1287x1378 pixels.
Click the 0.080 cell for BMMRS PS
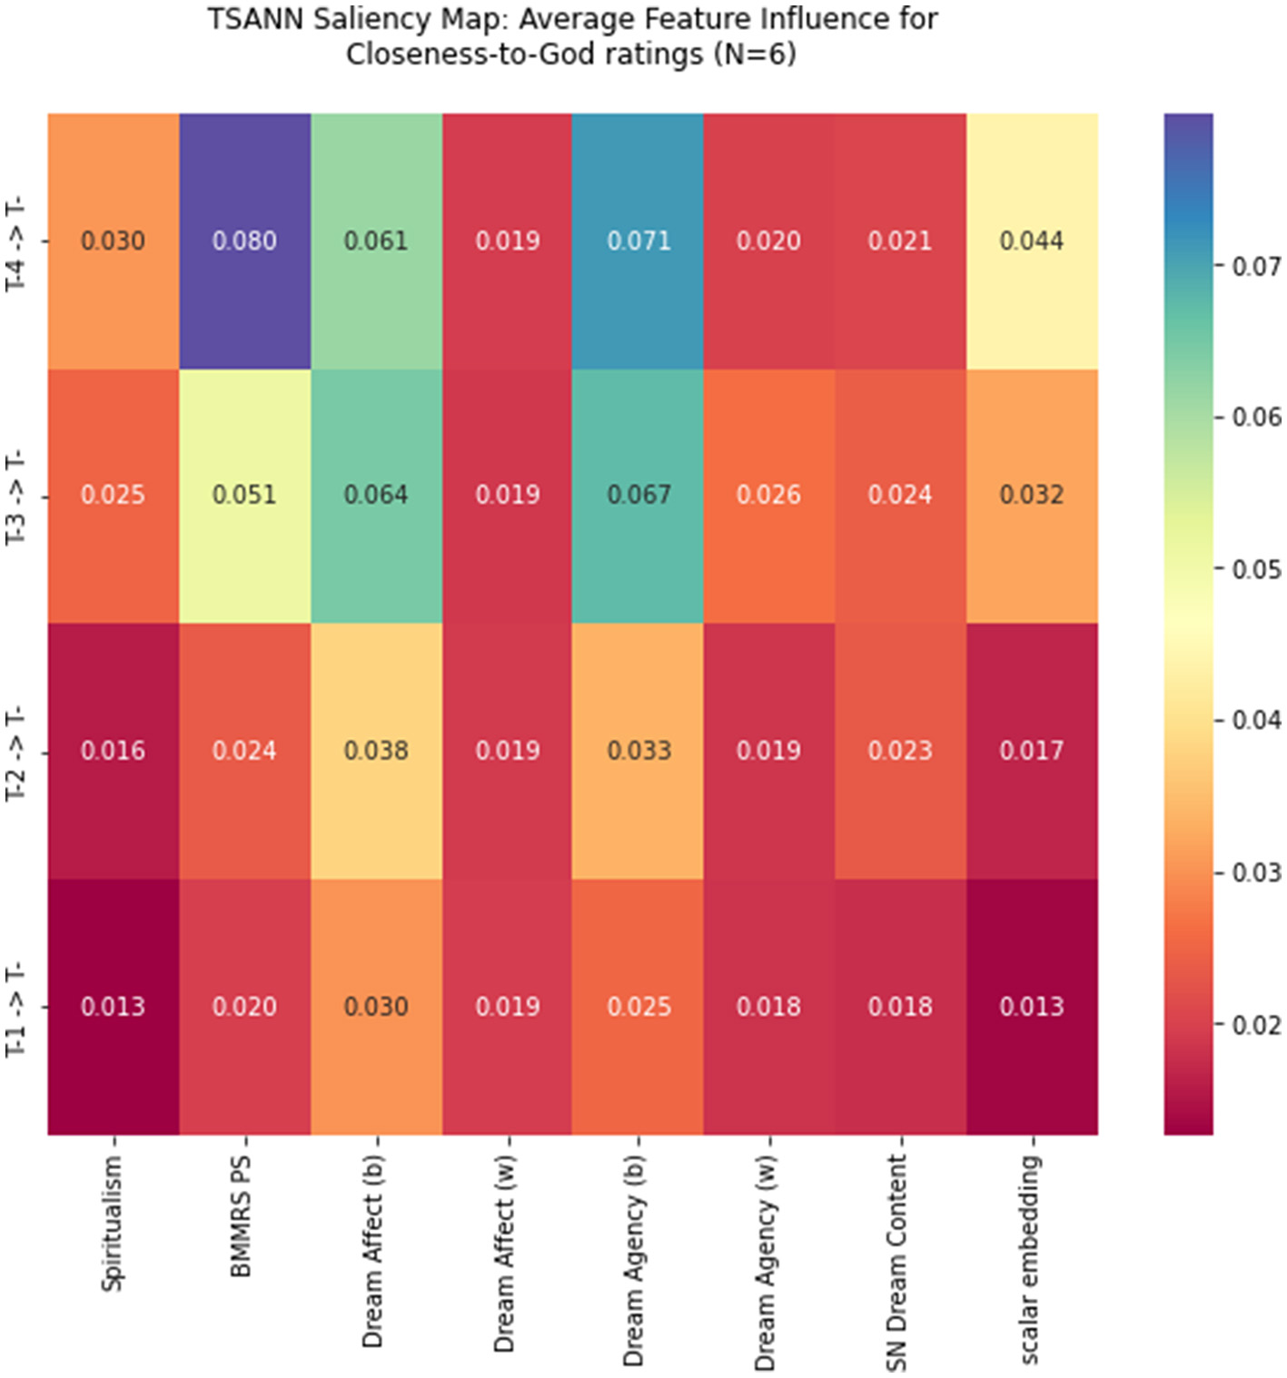click(244, 241)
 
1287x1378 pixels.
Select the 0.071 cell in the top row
click(639, 241)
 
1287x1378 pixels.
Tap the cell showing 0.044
click(1031, 241)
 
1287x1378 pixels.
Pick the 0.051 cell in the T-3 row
click(244, 495)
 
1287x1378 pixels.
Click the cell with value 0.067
click(639, 495)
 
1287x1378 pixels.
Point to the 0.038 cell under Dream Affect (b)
click(376, 751)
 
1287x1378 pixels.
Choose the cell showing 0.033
click(639, 751)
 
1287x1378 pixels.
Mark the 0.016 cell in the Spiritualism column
click(113, 751)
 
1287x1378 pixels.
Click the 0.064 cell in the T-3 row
click(376, 495)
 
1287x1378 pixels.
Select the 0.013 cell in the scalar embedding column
click(1031, 1007)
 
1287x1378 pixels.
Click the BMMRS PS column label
click(242, 1216)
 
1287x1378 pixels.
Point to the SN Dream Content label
click(896, 1262)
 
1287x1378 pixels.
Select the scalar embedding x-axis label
click(1029, 1259)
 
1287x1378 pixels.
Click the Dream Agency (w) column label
click(766, 1262)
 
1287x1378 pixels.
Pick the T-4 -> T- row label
click(16, 242)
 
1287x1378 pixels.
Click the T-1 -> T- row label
click(16, 1009)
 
